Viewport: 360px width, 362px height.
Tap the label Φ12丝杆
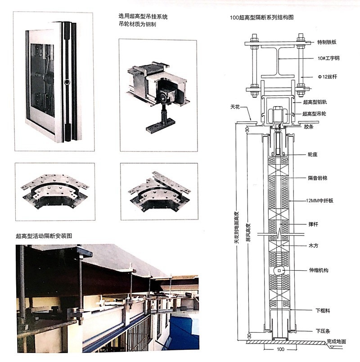coord(326,76)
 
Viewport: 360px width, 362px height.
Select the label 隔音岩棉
coord(317,178)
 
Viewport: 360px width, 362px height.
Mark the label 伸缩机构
coord(318,270)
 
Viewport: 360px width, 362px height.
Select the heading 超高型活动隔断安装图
coord(44,236)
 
